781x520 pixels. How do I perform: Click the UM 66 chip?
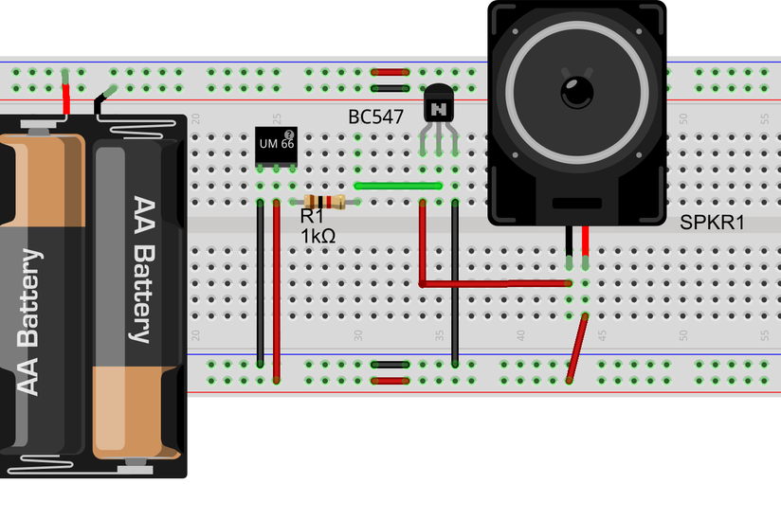click(277, 144)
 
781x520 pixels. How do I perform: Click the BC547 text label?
click(375, 117)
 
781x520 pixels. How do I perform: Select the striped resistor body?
click(325, 202)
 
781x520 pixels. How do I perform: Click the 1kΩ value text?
click(318, 236)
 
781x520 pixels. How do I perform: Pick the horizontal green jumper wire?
click(398, 187)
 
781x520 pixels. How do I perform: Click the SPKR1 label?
click(712, 224)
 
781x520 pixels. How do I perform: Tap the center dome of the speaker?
click(577, 91)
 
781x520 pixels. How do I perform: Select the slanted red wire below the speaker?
click(576, 350)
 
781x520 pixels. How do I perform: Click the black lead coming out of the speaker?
click(569, 249)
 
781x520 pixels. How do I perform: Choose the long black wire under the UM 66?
click(261, 284)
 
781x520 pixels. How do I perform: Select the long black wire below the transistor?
click(455, 284)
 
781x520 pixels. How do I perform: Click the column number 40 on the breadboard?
click(521, 334)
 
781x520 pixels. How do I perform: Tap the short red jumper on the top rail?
click(390, 71)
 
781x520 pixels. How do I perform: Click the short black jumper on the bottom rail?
click(390, 363)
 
